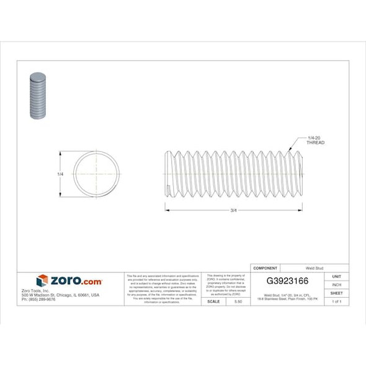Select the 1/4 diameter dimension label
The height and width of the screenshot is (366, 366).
pos(60,175)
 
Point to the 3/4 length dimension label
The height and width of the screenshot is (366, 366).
pos(233,210)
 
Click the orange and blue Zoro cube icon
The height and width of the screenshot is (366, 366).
pos(42,280)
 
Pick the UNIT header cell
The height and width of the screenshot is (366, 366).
pos(336,276)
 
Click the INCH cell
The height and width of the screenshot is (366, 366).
pos(336,285)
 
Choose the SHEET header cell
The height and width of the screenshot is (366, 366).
pos(336,293)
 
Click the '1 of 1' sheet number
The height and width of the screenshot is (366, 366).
pos(336,301)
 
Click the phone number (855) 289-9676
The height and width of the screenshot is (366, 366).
pos(38,299)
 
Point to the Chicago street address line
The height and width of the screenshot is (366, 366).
pos(60,295)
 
